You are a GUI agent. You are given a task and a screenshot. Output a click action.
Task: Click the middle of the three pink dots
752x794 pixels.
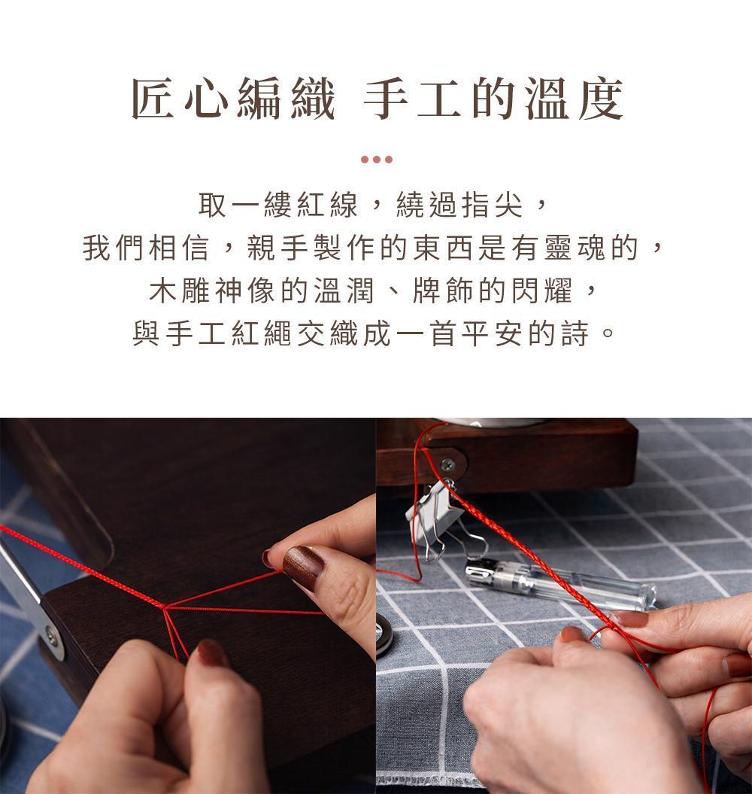[377, 160]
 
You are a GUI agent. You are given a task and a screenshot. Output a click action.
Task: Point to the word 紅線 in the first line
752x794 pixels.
[327, 205]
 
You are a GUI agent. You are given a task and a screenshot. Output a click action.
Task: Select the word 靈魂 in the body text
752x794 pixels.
[575, 248]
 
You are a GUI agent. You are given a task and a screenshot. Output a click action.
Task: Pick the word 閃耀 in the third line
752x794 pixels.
[541, 291]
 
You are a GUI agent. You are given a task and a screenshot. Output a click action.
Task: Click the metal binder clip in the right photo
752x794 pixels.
[440, 522]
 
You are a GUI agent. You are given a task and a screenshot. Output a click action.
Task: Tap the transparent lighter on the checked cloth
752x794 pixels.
[560, 583]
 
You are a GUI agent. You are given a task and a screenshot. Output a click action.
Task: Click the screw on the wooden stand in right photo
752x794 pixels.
[447, 464]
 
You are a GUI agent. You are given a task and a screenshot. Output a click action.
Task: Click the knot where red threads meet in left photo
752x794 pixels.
[164, 607]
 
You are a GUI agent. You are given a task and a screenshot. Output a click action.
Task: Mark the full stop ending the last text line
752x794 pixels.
[608, 334]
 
